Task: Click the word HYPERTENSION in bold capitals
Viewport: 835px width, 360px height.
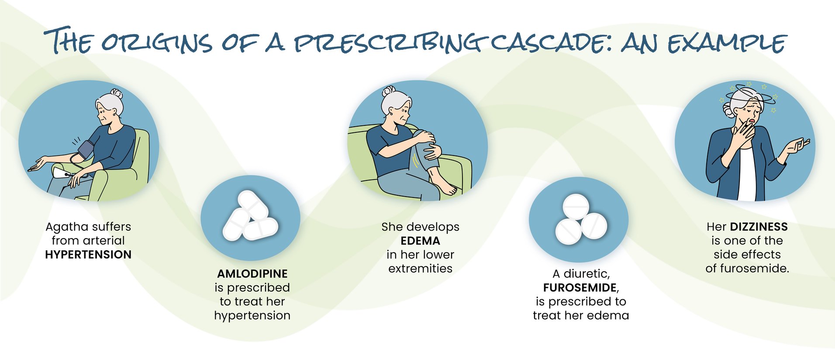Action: [x=88, y=255]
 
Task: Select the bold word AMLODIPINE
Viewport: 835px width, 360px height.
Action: [x=252, y=274]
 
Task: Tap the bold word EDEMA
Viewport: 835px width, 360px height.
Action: [x=420, y=241]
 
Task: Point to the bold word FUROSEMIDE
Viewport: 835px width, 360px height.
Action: [x=580, y=288]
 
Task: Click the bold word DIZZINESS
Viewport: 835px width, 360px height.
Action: [x=759, y=227]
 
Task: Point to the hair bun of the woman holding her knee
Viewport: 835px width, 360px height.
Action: [x=388, y=91]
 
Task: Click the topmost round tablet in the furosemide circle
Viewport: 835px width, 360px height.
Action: [x=576, y=207]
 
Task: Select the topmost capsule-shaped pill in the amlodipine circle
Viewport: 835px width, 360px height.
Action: [x=253, y=204]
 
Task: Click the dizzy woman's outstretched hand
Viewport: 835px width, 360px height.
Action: [x=797, y=146]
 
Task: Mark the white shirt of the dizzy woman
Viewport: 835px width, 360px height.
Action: [x=747, y=175]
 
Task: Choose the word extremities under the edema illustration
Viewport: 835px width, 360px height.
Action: [x=420, y=269]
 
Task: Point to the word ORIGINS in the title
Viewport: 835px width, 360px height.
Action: [x=157, y=43]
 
